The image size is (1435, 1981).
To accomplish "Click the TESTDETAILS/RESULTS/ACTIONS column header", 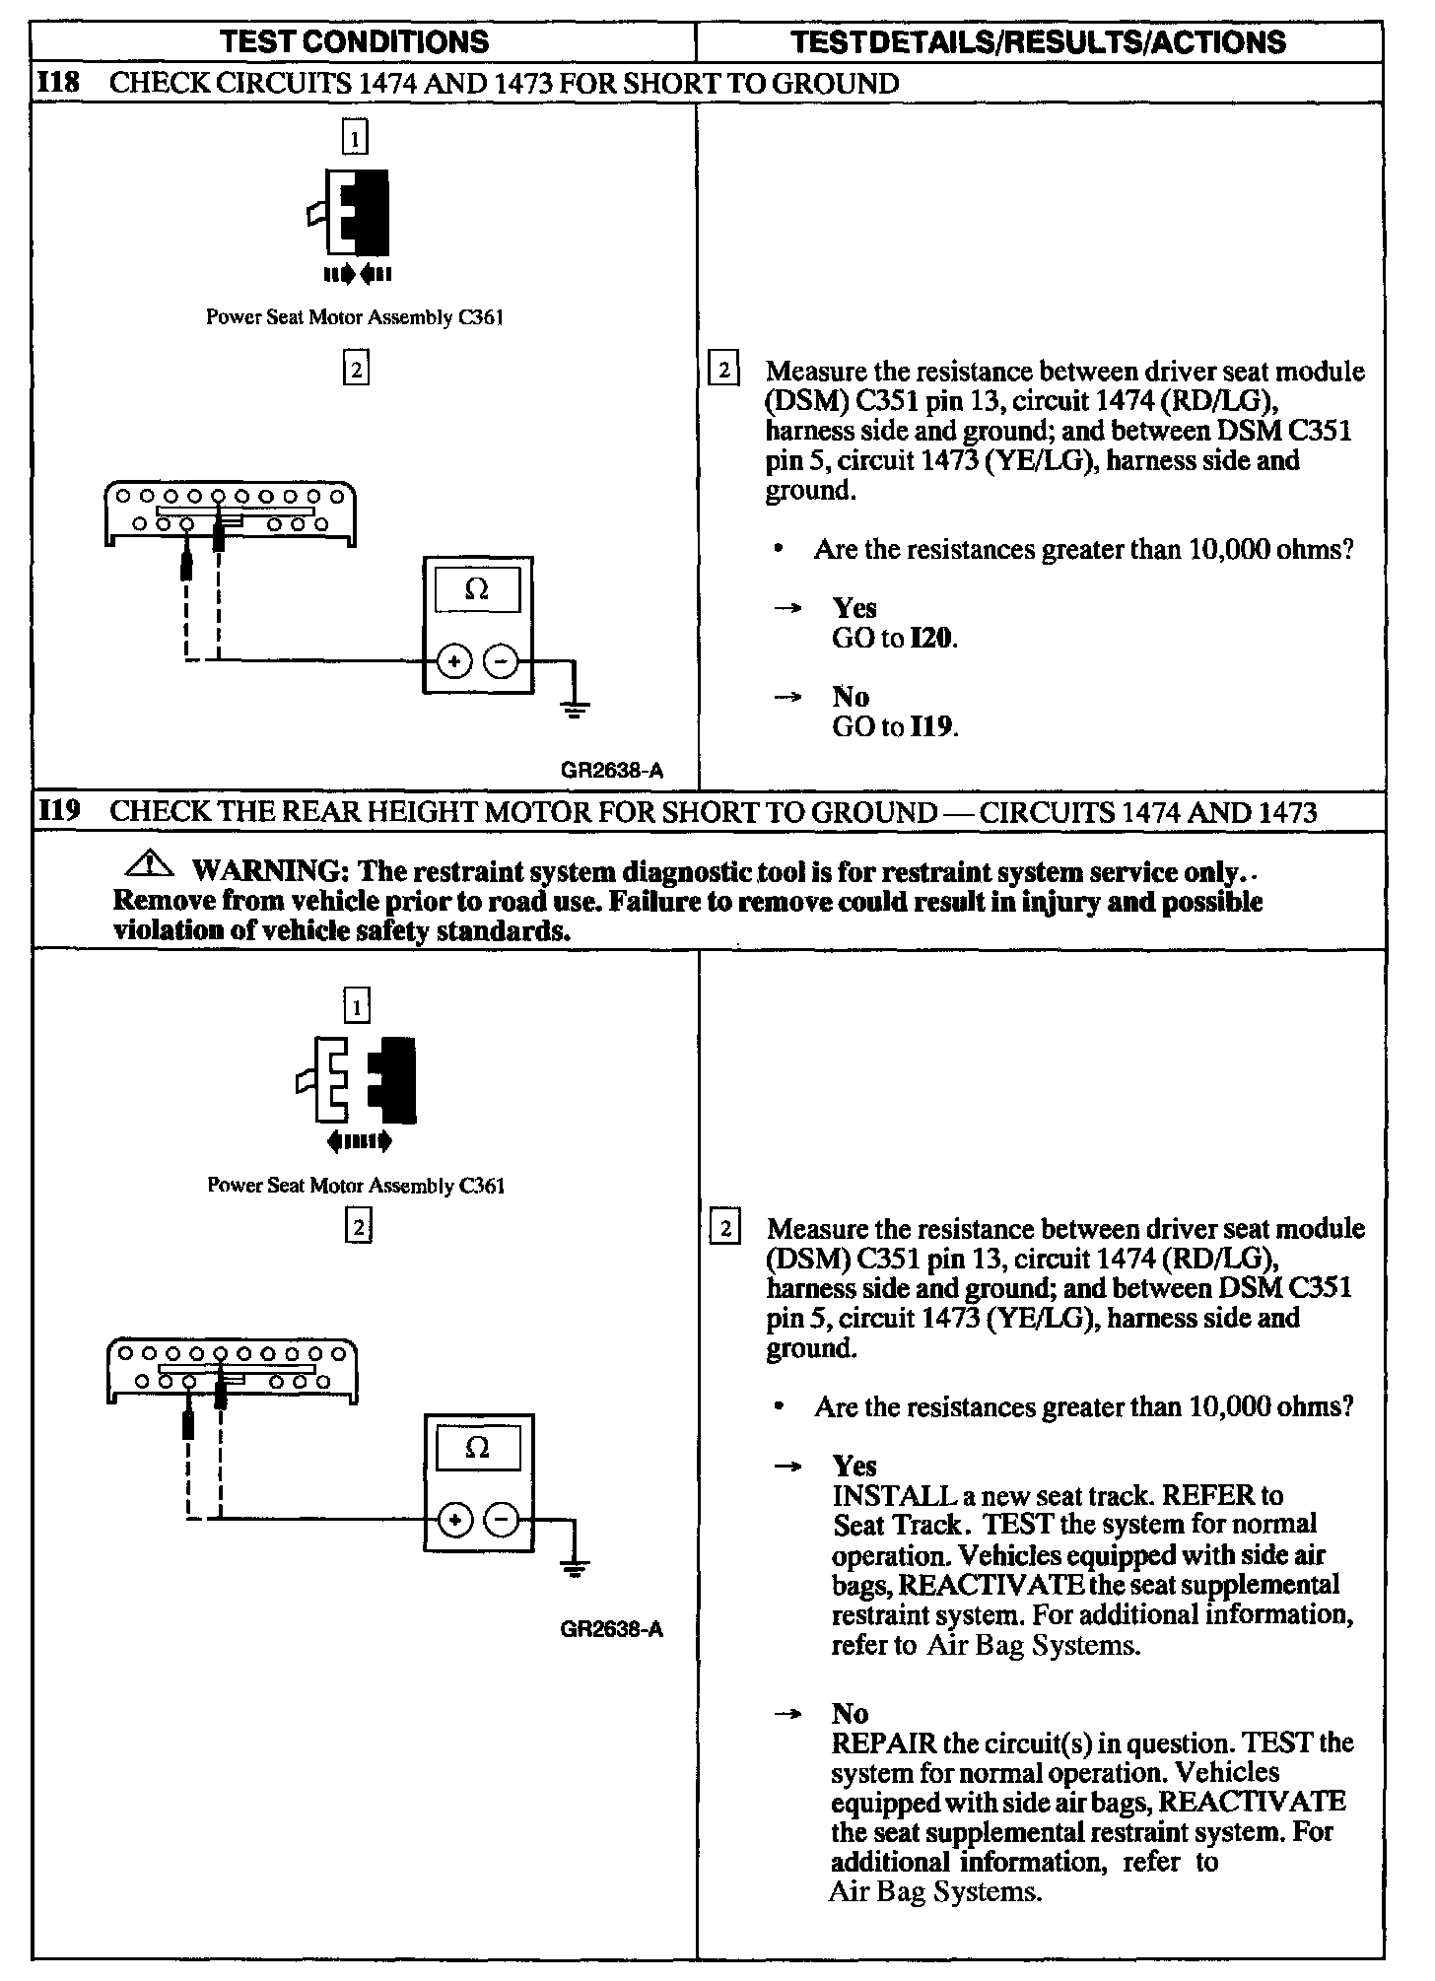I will pos(1039,41).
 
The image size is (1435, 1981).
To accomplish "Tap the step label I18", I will pos(58,83).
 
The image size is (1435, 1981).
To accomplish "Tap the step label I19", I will pos(58,812).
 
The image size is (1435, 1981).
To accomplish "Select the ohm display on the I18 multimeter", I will pos(477,590).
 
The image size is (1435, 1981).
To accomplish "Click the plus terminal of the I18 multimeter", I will pos(453,662).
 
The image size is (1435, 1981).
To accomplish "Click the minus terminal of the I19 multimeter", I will pos(502,1520).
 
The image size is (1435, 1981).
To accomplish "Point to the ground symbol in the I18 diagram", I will pos(577,707).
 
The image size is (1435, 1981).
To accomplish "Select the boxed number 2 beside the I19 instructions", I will pos(724,1229).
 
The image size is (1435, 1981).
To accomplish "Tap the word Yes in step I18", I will pos(854,608).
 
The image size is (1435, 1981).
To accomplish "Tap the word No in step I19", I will pos(851,1713).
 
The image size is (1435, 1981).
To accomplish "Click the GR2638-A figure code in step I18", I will pos(612,771).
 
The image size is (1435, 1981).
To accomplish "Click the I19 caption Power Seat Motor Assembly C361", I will pos(356,1186).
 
